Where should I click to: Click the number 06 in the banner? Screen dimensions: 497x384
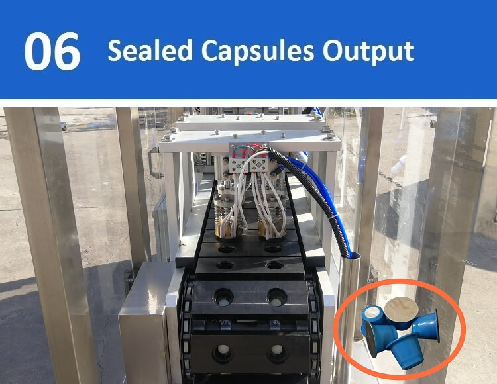coord(52,52)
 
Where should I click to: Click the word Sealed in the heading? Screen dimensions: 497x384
coord(150,50)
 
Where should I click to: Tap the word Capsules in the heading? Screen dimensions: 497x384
coord(258,52)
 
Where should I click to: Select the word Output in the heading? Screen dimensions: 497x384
coord(368,51)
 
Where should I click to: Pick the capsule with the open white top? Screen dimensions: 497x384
coord(374,314)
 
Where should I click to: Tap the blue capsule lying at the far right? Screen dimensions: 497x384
coord(427,326)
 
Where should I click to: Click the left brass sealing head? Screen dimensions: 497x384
coord(227,228)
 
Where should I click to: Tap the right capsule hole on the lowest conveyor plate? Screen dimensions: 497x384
coord(277,352)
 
